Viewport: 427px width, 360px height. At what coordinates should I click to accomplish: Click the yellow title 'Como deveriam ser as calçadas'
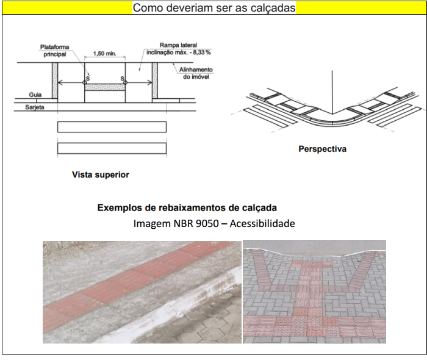pyautogui.click(x=214, y=7)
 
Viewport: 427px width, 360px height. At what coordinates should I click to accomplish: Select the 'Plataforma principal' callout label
pyautogui.click(x=55, y=51)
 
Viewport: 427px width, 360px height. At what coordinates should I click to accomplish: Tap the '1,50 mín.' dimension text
pyautogui.click(x=104, y=53)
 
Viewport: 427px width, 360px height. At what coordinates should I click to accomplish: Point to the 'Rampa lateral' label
pyautogui.click(x=178, y=45)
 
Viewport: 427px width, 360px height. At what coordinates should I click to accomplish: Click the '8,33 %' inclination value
pyautogui.click(x=202, y=52)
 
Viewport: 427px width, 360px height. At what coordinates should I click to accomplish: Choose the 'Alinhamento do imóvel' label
pyautogui.click(x=196, y=73)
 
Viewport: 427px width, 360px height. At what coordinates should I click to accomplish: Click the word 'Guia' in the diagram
pyautogui.click(x=35, y=95)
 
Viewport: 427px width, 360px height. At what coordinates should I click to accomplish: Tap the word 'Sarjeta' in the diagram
pyautogui.click(x=35, y=107)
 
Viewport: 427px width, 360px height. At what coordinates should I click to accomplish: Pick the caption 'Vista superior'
pyautogui.click(x=101, y=175)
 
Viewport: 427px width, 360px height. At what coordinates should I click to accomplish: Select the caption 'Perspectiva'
pyautogui.click(x=323, y=149)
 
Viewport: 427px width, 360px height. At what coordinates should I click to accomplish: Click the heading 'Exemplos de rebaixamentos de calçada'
pyautogui.click(x=187, y=208)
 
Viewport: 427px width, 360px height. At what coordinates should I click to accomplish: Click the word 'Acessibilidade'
pyautogui.click(x=262, y=223)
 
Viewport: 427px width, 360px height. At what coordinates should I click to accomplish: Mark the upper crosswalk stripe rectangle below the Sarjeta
pyautogui.click(x=112, y=127)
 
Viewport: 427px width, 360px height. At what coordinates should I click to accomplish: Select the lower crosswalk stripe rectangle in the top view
pyautogui.click(x=112, y=148)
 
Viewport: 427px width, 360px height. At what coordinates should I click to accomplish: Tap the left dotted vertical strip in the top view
pyautogui.click(x=55, y=81)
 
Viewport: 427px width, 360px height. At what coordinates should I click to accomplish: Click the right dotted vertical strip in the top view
pyautogui.click(x=155, y=81)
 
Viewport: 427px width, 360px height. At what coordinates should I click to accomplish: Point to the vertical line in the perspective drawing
pyautogui.click(x=332, y=92)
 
